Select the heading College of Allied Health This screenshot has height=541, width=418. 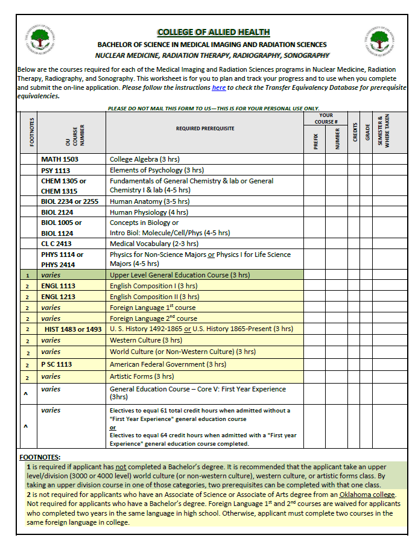point(213,32)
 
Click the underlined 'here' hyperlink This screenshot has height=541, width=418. point(219,87)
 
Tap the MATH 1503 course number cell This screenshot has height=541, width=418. point(60,159)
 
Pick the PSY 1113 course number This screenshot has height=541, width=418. point(55,170)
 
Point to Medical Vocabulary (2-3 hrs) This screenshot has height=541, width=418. point(154,244)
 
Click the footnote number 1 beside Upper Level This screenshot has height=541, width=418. point(27,275)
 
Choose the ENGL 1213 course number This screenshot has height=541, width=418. point(58,297)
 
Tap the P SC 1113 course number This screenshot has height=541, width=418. point(57,364)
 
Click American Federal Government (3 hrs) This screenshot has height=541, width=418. point(168,364)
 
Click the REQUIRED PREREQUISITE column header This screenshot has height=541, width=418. point(204,128)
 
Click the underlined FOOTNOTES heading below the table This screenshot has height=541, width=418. point(40,457)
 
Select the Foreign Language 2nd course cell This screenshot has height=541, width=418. point(153,318)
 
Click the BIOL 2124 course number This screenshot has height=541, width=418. point(57,212)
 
